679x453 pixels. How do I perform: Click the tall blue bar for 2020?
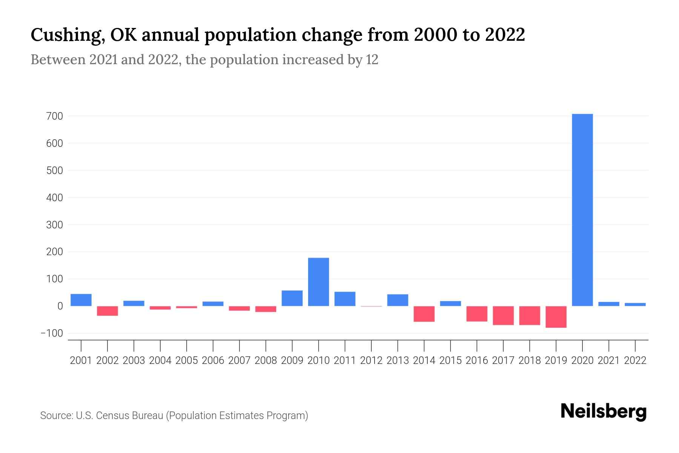click(x=582, y=210)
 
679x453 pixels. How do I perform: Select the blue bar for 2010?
click(x=318, y=282)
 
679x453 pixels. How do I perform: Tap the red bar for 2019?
click(x=556, y=317)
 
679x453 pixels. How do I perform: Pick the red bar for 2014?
click(x=424, y=314)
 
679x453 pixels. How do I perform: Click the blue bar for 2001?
click(x=81, y=300)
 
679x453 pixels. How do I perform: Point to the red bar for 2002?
click(x=108, y=311)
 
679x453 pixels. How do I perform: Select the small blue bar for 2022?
click(x=635, y=304)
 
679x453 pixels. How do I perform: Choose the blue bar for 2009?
click(x=292, y=298)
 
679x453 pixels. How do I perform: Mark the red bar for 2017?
click(x=503, y=315)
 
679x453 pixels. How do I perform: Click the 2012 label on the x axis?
click(x=371, y=361)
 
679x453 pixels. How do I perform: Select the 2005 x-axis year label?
click(x=187, y=361)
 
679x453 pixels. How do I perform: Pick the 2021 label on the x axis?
click(x=608, y=361)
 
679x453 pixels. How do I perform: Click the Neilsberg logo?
click(x=604, y=411)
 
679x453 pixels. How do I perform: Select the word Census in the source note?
click(x=112, y=416)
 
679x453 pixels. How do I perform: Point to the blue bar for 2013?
click(x=398, y=300)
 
